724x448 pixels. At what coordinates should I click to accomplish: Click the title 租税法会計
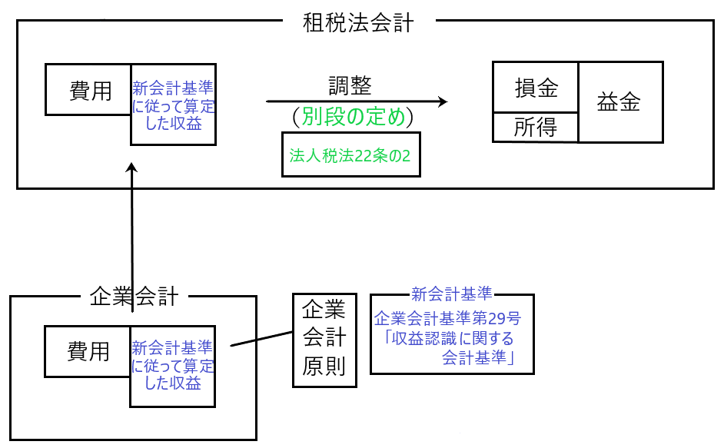point(358,23)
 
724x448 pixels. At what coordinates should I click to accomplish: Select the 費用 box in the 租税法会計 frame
point(88,91)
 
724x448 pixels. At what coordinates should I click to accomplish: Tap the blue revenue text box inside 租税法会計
point(173,105)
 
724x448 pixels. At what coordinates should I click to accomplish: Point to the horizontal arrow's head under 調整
point(442,101)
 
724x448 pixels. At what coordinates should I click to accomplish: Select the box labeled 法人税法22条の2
point(350,154)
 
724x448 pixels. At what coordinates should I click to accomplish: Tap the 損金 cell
point(536,88)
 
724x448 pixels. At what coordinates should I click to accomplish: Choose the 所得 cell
point(536,128)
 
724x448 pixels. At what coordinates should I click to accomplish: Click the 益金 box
point(619,103)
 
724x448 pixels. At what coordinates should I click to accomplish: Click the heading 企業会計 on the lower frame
point(134,296)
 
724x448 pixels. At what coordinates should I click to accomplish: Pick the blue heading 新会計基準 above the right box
point(451,294)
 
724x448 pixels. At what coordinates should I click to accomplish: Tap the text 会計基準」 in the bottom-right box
point(477,357)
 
